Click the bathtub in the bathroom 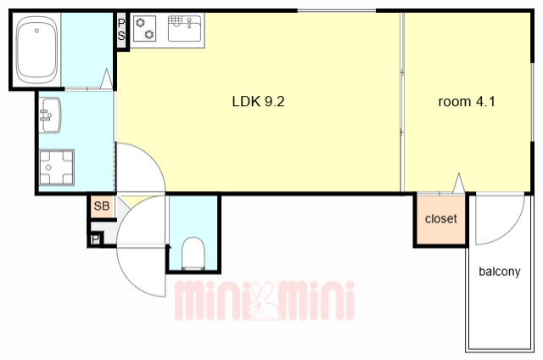[x=36, y=50]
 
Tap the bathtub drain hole [x=36, y=31]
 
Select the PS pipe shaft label [x=121, y=30]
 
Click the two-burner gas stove [x=145, y=28]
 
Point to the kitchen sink [x=184, y=28]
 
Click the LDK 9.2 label [x=258, y=102]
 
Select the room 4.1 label [x=467, y=102]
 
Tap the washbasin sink [x=50, y=115]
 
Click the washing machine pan [x=57, y=167]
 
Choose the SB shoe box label [x=102, y=205]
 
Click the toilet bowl [x=193, y=253]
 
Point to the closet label [x=441, y=219]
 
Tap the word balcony [x=500, y=272]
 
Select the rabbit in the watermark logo [x=264, y=301]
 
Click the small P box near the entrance [x=95, y=239]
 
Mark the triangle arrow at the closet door [x=458, y=183]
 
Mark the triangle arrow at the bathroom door [x=106, y=79]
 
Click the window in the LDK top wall [x=337, y=11]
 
